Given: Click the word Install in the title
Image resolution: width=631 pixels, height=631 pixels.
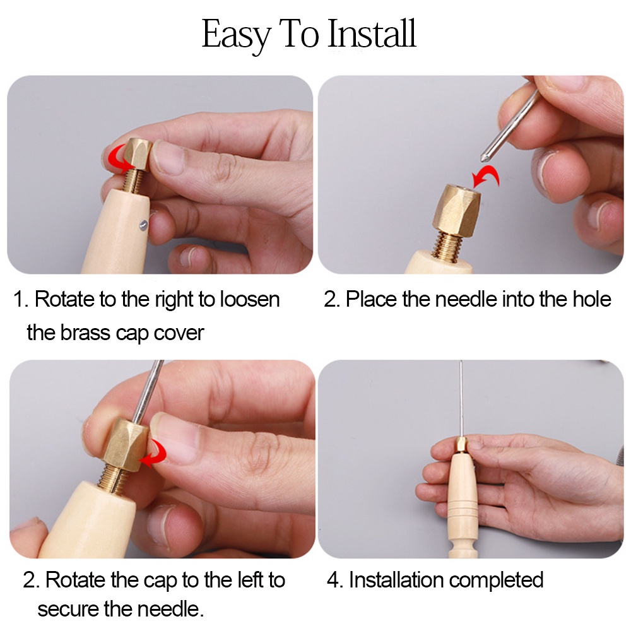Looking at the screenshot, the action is tap(372, 33).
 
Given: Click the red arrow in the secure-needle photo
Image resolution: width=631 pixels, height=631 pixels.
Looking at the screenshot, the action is tap(155, 453).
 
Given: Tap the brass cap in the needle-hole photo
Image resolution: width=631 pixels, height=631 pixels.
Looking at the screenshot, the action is tap(456, 209).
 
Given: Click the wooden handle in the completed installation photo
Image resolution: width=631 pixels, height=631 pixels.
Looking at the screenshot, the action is tap(462, 505).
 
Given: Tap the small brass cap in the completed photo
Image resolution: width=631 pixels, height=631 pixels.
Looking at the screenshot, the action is tap(461, 445).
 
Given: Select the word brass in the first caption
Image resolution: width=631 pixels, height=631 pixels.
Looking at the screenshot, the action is tap(85, 333).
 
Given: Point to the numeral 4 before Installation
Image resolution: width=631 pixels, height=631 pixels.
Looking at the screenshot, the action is tap(333, 581).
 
